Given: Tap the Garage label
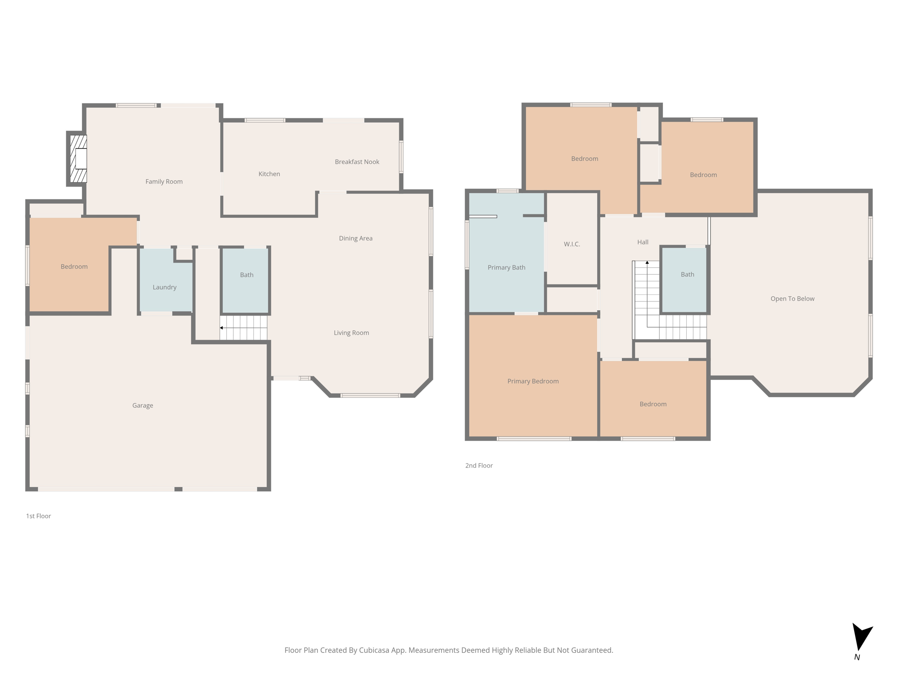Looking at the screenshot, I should coord(143,405).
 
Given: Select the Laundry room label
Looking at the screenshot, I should coord(164,287).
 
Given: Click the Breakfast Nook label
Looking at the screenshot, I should coord(357,162).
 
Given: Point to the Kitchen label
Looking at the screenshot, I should coord(269,174).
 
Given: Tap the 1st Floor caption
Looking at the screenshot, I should coord(39,516).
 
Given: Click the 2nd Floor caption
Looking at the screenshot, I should coord(479,465).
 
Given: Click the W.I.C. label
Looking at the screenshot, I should coord(572,244).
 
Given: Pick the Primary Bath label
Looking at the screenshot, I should coord(506,267).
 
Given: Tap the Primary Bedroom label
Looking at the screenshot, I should coord(533,381).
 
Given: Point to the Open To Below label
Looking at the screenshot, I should coord(792,298).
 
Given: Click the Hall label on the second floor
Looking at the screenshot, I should coord(643,242).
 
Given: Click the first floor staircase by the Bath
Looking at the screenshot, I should coord(244,328).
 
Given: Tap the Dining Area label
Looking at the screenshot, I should coord(356,238).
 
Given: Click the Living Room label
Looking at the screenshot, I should coord(351,333).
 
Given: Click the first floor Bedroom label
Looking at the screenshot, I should coord(74,266).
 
